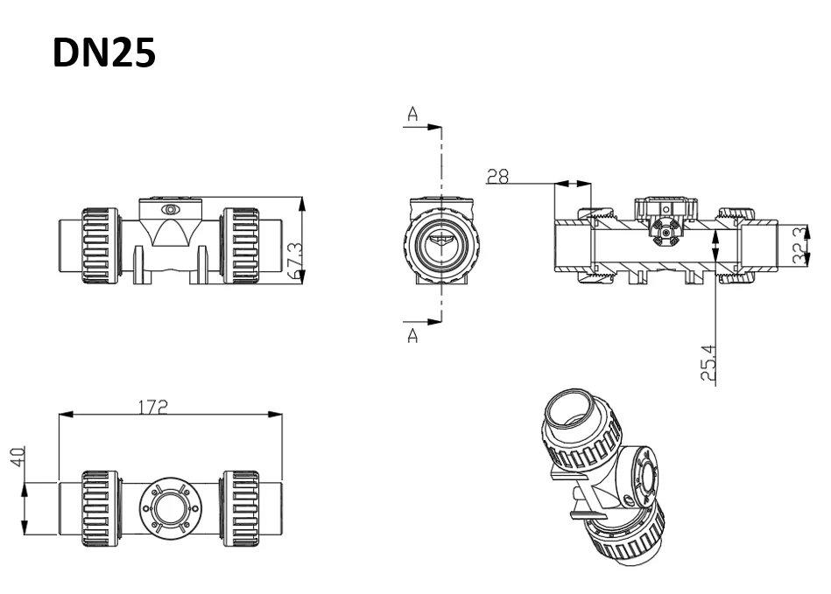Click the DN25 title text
tap(104, 53)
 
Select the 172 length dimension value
tap(153, 407)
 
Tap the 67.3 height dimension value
tap(293, 260)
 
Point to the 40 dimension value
tap(18, 457)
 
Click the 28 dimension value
tap(497, 177)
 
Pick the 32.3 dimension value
tap(799, 246)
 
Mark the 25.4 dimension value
tap(708, 363)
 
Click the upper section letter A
tap(412, 114)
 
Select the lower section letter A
tap(412, 335)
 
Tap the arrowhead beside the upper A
tap(434, 128)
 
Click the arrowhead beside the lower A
tap(434, 321)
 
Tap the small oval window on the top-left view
tap(170, 210)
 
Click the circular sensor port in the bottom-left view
tap(170, 507)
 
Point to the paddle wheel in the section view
tap(665, 233)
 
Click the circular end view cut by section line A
tap(441, 242)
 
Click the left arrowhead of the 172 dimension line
tap(66, 415)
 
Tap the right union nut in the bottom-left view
tap(241, 508)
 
